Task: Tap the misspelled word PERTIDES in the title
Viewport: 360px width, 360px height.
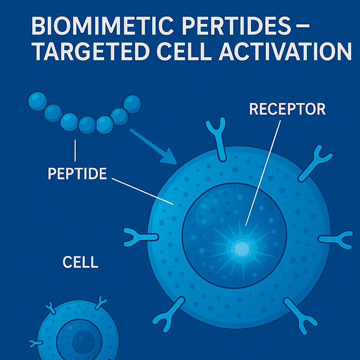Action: point(236,25)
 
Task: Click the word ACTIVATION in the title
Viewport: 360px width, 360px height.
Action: point(285,51)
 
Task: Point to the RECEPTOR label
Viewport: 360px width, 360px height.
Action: point(287,109)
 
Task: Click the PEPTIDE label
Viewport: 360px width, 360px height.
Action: point(78,173)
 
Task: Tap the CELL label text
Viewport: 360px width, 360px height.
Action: point(80,262)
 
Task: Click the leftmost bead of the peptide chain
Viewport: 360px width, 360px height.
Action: point(38,101)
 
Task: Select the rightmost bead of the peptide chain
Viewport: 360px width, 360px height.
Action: point(132,104)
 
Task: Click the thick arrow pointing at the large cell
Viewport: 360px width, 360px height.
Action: point(153,147)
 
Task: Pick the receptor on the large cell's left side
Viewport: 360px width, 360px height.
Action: point(140,237)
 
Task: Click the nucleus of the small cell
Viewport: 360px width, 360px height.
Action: point(79,340)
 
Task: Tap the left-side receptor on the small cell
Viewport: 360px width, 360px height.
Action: point(36,343)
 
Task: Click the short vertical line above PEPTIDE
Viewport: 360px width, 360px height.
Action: point(75,151)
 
